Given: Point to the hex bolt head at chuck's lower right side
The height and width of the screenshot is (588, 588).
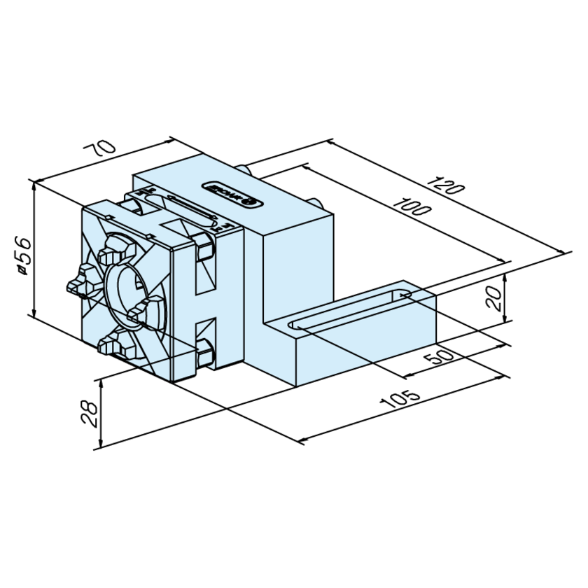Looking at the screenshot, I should pyautogui.click(x=205, y=353).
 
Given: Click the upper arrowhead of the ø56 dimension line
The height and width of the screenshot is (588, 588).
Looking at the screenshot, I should pyautogui.click(x=34, y=183).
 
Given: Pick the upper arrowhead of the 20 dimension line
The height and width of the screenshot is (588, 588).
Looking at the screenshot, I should pyautogui.click(x=504, y=274).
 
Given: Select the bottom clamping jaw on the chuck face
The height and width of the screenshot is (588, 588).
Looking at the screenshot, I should pyautogui.click(x=112, y=343).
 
